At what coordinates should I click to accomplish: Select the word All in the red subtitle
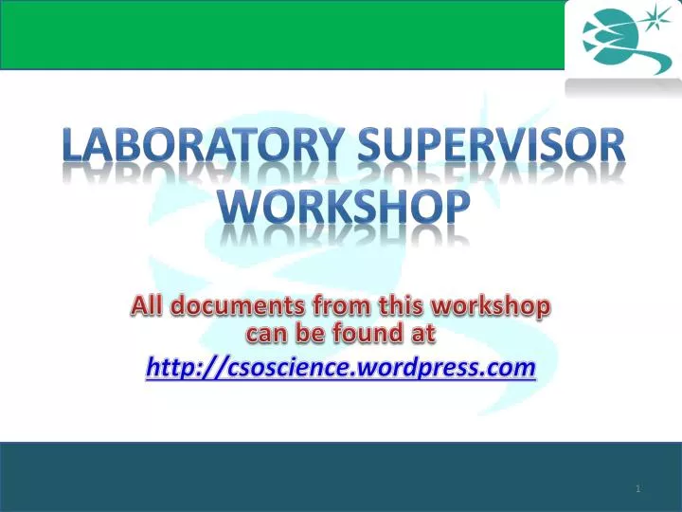[x=148, y=306]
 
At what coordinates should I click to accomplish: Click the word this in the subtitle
[x=402, y=306]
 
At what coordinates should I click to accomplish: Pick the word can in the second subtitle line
[x=266, y=333]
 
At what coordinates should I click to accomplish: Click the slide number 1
[x=638, y=488]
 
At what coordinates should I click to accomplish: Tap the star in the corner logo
[x=654, y=17]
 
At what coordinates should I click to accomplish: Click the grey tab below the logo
[x=622, y=87]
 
